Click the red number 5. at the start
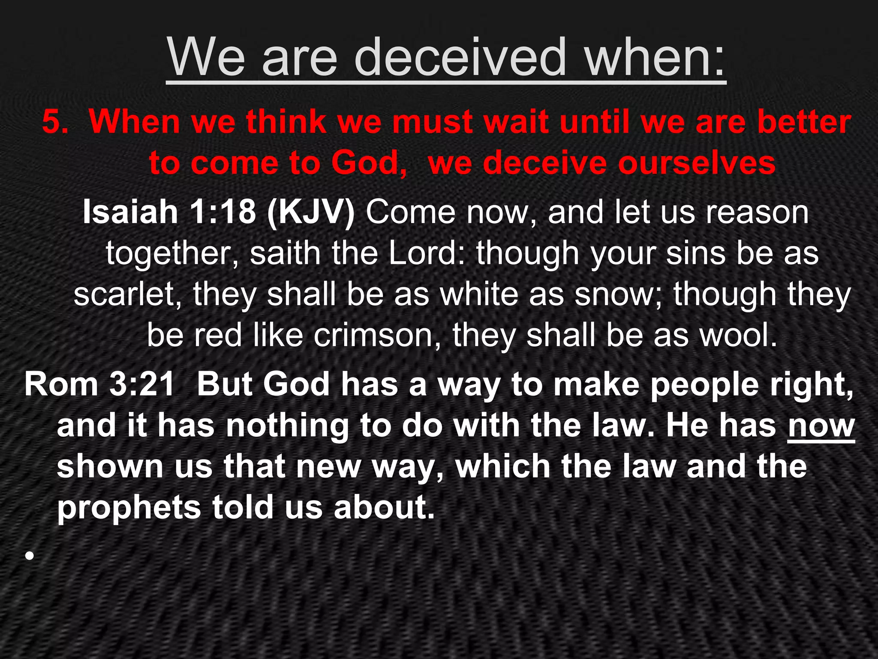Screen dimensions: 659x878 point(55,122)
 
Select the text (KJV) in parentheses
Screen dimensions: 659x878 point(311,212)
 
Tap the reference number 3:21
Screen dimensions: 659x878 point(142,384)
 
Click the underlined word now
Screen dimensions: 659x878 point(821,426)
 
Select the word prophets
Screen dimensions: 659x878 point(129,508)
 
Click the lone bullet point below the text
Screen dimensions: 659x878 point(29,556)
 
